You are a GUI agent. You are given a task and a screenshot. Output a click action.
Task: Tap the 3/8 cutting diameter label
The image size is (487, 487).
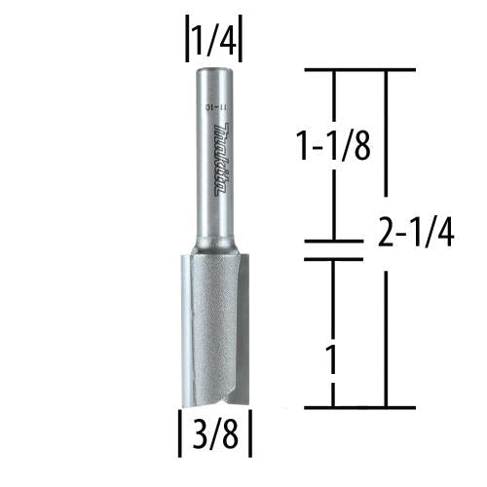click(x=213, y=435)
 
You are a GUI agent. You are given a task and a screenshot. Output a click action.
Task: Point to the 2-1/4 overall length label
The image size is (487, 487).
click(x=413, y=234)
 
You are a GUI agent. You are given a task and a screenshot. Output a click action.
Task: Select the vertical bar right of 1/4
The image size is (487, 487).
click(x=241, y=42)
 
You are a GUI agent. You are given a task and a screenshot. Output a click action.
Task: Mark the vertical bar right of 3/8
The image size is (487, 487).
click(x=251, y=435)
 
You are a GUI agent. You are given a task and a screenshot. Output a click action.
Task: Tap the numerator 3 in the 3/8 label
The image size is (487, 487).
click(x=198, y=435)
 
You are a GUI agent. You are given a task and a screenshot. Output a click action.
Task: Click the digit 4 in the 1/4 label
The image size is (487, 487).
click(x=229, y=42)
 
